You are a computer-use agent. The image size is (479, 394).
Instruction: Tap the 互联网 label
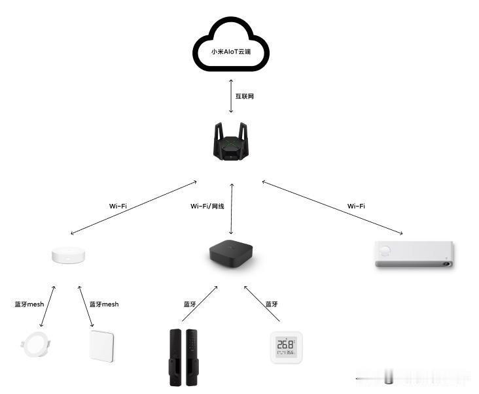point(245,97)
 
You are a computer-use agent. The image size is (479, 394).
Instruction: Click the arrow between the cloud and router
point(231,96)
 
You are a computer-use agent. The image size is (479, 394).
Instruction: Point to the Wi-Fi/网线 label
point(207,206)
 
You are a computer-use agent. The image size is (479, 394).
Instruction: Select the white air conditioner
point(414,254)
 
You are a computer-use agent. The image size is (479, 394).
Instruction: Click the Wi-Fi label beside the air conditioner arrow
point(356,206)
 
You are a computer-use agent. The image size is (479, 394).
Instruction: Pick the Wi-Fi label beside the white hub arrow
point(118,206)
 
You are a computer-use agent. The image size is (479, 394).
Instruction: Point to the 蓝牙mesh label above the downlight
point(29,304)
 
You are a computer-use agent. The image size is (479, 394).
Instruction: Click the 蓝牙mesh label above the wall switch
point(104,304)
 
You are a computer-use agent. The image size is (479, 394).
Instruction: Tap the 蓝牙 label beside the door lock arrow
point(190,304)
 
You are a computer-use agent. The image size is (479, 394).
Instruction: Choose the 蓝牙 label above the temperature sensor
point(272,304)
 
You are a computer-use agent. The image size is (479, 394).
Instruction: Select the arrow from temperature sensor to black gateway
point(262,303)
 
